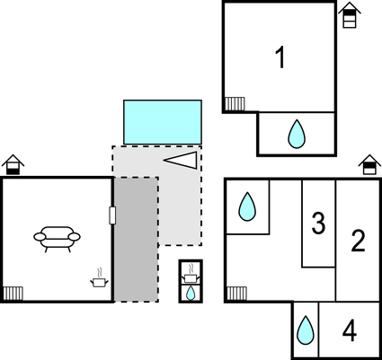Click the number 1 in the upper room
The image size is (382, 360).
pos(280,57)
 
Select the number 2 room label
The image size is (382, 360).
pos(358,241)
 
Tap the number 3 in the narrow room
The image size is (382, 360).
pos(318,223)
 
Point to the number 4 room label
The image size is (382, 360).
pos(350,330)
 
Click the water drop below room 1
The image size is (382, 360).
pos(297,134)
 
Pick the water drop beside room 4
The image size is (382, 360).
pos(306,329)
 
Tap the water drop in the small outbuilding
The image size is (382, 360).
pos(191,293)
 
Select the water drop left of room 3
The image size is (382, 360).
pos(247,206)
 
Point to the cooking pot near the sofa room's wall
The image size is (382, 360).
pos(99,278)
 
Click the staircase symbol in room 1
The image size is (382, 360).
pos(235,103)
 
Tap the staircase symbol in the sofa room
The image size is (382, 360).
pos(13,294)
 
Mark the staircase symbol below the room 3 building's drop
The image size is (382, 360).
pos(236,294)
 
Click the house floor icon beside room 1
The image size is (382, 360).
pos(350,15)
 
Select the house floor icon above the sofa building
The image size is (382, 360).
pos(13,164)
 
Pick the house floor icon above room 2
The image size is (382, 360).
pos(369,164)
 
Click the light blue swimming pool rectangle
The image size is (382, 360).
pos(163,122)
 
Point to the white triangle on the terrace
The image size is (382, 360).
pos(181,160)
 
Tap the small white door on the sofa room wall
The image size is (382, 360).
pos(112,215)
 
